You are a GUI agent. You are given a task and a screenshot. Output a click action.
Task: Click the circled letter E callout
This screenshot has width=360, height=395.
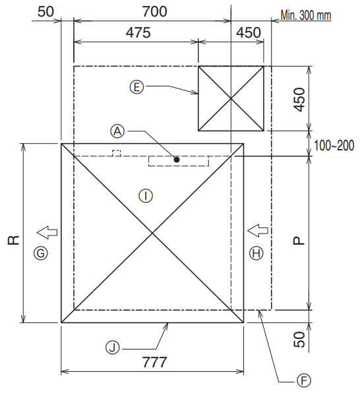click(136, 87)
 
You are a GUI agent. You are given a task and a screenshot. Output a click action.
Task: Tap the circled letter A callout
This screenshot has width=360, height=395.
click(117, 131)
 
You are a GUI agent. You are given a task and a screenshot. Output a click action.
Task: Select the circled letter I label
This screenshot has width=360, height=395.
click(146, 196)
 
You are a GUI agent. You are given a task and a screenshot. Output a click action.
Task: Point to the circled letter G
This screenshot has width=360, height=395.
click(41, 253)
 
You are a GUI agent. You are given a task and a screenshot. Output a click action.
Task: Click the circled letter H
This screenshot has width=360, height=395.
click(256, 253)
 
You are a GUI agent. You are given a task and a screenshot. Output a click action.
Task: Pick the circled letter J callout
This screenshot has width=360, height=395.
click(112, 348)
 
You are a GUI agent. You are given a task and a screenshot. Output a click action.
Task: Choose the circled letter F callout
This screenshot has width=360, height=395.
click(303, 380)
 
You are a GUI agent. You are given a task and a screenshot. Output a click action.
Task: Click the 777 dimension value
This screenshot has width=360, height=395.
click(154, 362)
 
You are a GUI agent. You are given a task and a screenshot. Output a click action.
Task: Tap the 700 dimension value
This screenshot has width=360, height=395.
click(154, 12)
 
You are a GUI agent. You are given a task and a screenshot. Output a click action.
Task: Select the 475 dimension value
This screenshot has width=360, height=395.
click(138, 32)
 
